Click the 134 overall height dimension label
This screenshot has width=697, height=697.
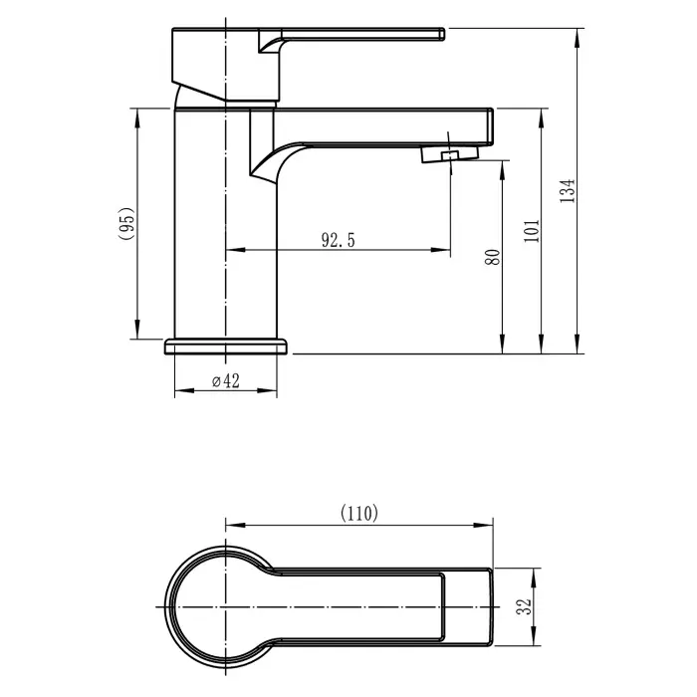(568, 191)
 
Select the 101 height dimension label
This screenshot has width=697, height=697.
(530, 230)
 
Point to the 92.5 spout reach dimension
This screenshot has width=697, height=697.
(338, 239)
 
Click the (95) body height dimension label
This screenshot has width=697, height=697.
(125, 223)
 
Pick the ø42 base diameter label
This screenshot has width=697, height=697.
(225, 381)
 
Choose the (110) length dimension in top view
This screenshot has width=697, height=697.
(359, 514)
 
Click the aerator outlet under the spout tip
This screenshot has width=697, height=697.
(448, 154)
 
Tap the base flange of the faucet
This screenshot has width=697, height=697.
(226, 346)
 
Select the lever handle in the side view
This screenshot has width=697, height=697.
(348, 37)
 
